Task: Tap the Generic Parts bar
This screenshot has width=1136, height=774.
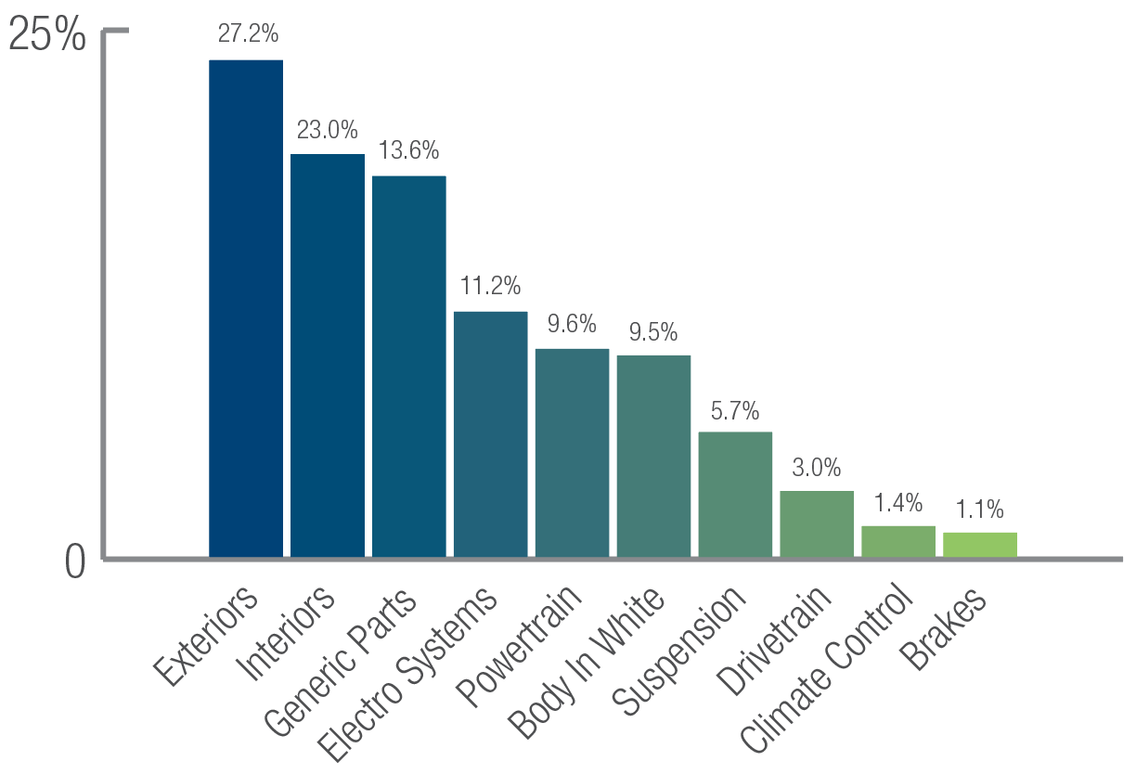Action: (409, 367)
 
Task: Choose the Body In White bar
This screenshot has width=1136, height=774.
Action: (653, 456)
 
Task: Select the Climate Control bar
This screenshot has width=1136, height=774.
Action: (898, 541)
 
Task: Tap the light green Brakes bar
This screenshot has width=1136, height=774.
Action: (980, 545)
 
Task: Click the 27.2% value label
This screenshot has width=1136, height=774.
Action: (248, 34)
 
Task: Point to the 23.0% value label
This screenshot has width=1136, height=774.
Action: (327, 129)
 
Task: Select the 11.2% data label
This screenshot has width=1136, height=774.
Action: (490, 286)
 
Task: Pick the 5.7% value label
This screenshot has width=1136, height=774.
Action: (735, 409)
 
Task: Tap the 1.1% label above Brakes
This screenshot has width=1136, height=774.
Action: (980, 509)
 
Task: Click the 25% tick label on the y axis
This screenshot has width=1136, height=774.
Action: (47, 36)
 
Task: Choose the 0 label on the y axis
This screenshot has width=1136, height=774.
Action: (75, 563)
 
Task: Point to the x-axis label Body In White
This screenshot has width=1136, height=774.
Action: (587, 663)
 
